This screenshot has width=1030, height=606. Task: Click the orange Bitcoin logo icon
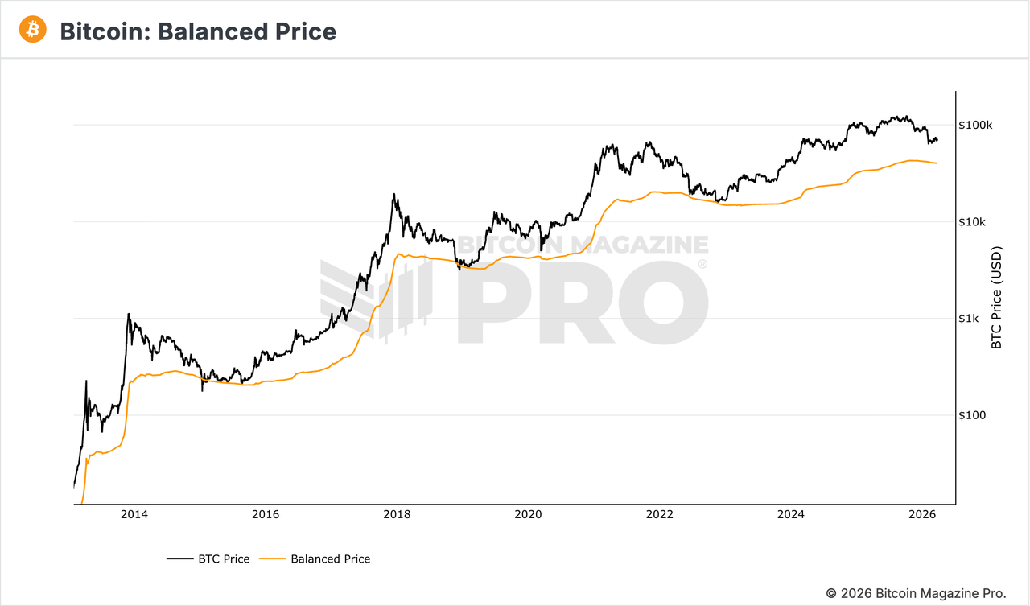(x=33, y=30)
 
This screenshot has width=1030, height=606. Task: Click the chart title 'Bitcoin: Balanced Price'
(x=198, y=31)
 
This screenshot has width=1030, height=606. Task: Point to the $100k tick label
(x=975, y=126)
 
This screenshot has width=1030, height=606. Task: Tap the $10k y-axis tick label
(x=973, y=222)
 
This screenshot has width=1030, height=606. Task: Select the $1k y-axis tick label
(x=970, y=319)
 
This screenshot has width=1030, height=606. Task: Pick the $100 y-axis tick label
(x=973, y=415)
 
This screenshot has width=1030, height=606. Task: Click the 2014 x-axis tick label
(x=134, y=514)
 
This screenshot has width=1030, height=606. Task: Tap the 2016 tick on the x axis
(x=265, y=514)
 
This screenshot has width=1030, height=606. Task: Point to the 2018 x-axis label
(x=396, y=514)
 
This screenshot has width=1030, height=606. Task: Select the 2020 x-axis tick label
(x=528, y=514)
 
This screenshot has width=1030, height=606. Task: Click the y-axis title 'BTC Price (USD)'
(x=997, y=297)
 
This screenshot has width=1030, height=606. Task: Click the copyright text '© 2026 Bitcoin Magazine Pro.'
(x=916, y=592)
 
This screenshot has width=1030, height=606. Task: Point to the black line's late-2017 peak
(x=393, y=194)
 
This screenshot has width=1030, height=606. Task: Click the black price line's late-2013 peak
(x=129, y=314)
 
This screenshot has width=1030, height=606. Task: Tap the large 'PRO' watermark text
(x=583, y=302)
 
